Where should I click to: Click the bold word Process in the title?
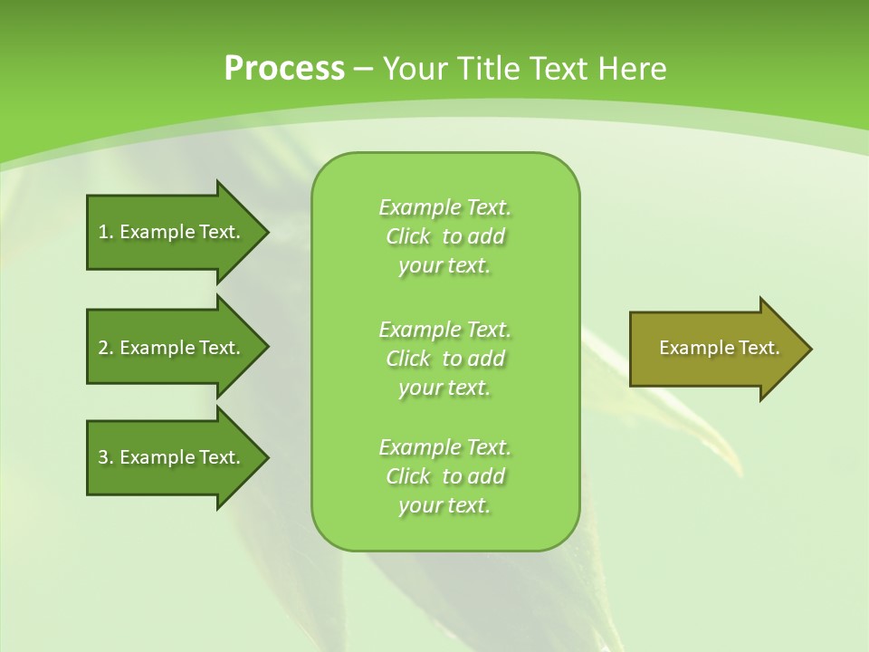[x=284, y=69]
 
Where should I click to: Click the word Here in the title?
[x=634, y=69]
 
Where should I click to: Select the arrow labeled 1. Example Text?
[x=169, y=232]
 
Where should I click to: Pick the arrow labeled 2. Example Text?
[x=169, y=348]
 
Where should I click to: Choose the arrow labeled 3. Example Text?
[x=169, y=457]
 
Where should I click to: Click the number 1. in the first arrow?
[x=106, y=232]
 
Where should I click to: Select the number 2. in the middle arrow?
[x=106, y=348]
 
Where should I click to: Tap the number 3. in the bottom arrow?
[x=106, y=457]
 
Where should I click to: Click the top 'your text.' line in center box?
[x=444, y=266]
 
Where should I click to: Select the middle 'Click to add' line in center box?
[x=445, y=359]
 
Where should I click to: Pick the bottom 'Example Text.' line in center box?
[x=445, y=447]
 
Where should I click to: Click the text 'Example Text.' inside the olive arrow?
[x=719, y=348]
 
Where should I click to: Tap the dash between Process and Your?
[x=363, y=69]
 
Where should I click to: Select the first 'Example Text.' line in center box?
[x=445, y=207]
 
